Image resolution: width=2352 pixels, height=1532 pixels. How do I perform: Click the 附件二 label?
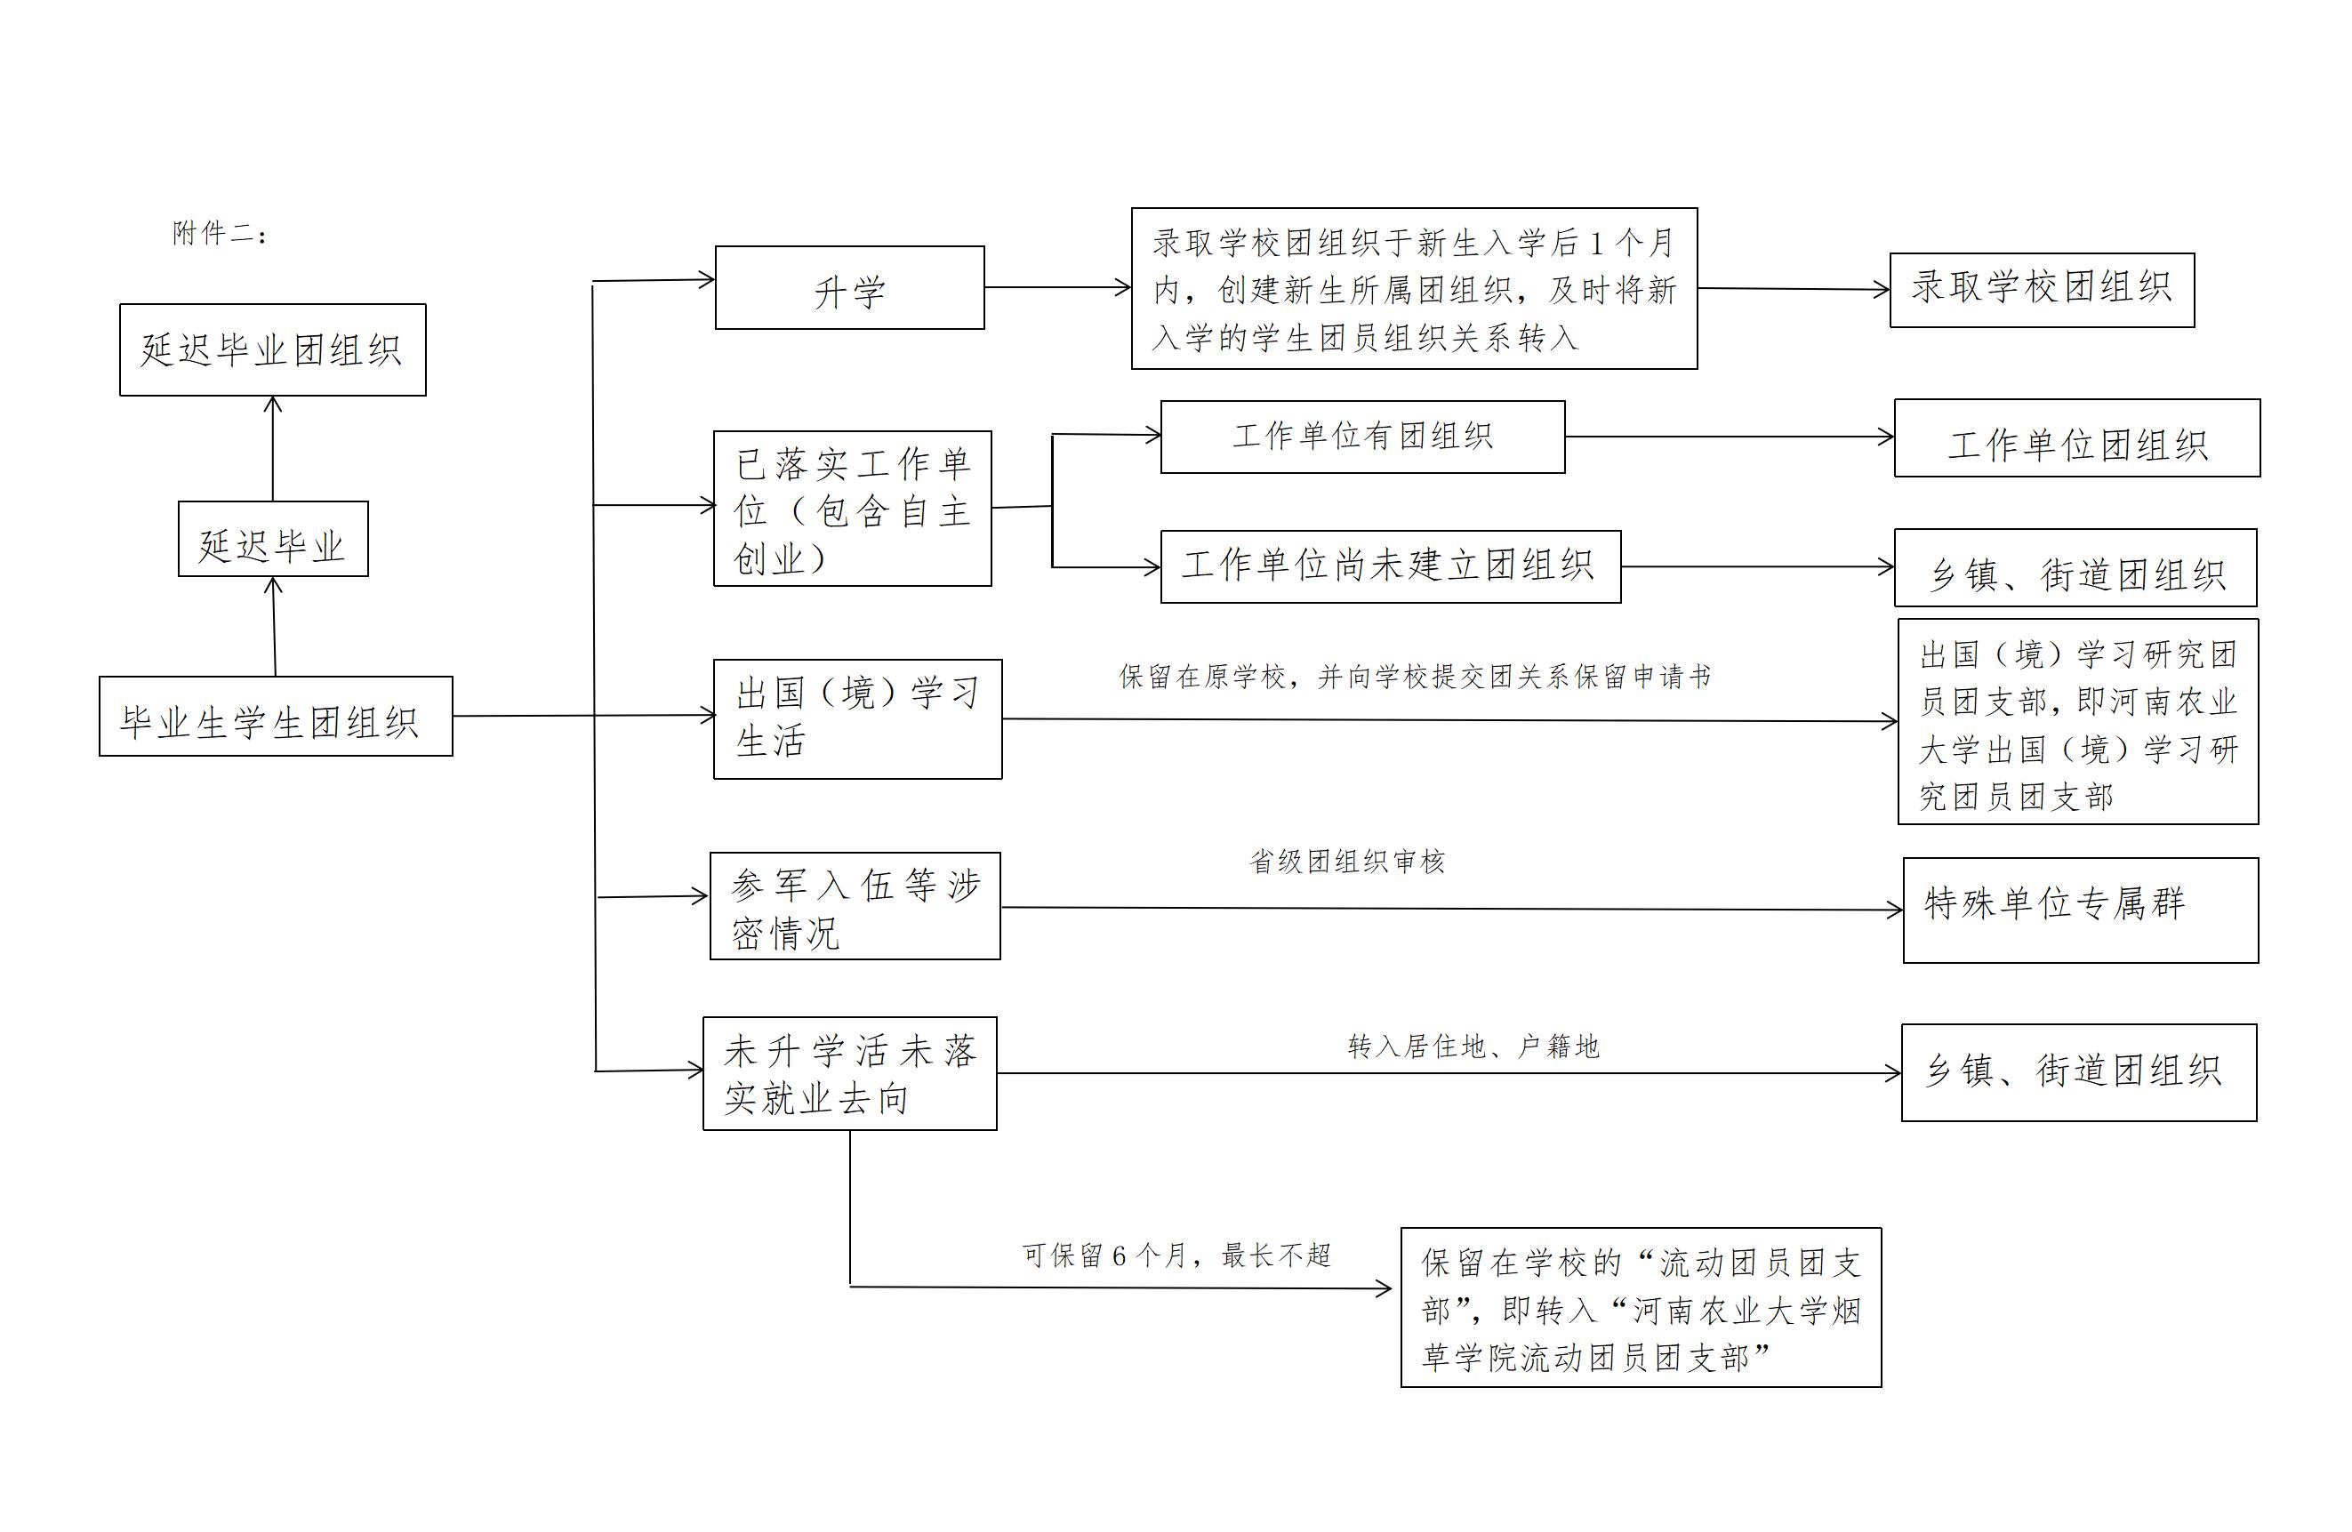[219, 233]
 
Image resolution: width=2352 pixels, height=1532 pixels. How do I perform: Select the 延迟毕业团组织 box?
[273, 350]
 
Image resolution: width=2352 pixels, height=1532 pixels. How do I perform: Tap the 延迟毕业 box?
[273, 540]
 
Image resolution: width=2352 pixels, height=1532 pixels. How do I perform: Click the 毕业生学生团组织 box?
[276, 718]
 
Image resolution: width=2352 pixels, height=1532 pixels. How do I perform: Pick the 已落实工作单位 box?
[852, 509]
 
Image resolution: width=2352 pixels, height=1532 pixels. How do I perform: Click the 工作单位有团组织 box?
[1361, 437]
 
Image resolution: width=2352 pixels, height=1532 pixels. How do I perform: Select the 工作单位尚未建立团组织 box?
[1390, 567]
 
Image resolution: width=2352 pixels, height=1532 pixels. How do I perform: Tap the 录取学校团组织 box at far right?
[2041, 291]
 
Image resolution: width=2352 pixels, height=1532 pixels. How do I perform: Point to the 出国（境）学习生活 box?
[857, 719]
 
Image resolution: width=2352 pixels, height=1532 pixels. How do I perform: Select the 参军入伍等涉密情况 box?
[855, 906]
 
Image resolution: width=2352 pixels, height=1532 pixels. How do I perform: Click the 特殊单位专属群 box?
[2080, 910]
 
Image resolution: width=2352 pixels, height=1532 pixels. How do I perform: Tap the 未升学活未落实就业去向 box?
[849, 1074]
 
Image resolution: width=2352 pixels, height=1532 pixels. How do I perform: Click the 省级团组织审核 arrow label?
[1346, 862]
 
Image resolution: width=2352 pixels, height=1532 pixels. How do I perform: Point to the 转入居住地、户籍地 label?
[1473, 1047]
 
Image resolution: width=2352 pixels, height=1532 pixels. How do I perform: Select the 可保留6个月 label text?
[1176, 1256]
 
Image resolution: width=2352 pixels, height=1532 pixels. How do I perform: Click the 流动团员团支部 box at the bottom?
[1640, 1308]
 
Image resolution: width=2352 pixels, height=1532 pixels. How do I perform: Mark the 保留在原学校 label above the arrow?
[1414, 677]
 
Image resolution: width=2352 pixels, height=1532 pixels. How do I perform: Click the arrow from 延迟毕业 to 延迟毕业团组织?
[273, 449]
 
